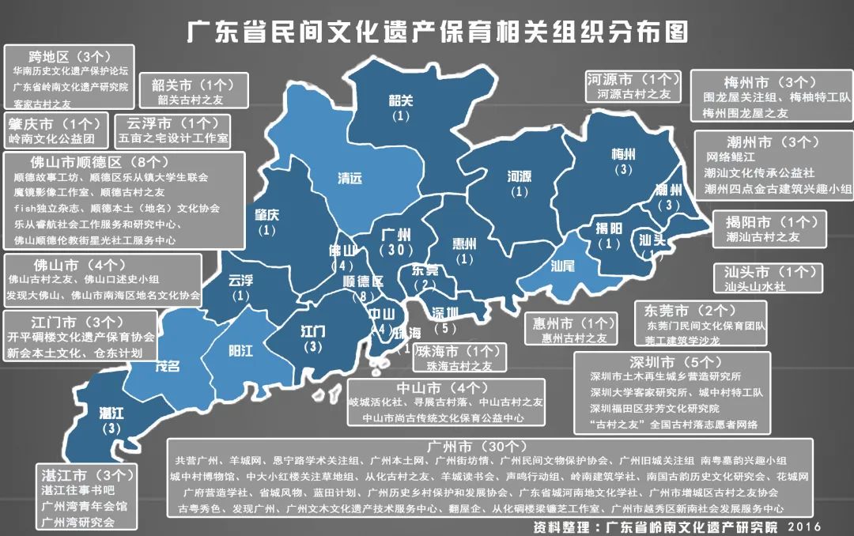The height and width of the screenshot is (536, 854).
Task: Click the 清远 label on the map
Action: pyautogui.click(x=350, y=179)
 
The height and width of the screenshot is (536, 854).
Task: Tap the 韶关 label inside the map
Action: pyautogui.click(x=401, y=100)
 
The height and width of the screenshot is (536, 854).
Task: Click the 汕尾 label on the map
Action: pyautogui.click(x=562, y=266)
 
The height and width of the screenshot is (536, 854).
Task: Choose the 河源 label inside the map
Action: pyautogui.click(x=519, y=176)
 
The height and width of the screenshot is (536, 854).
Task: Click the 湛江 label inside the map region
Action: pyautogui.click(x=111, y=413)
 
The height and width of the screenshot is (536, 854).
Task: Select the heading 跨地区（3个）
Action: pyautogui.click(x=70, y=57)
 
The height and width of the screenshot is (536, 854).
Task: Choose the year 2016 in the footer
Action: pyautogui.click(x=804, y=527)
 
